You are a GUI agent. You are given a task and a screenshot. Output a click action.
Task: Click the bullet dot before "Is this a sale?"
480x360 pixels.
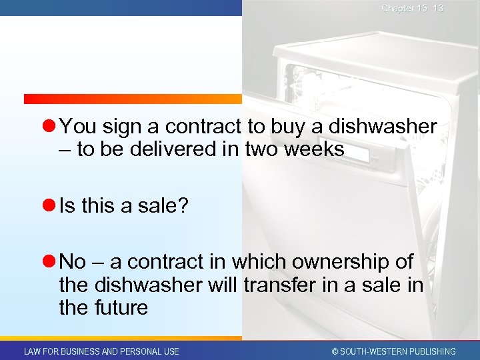pyautogui.click(x=49, y=207)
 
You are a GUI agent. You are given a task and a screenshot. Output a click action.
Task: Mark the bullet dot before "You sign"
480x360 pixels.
pyautogui.click(x=49, y=127)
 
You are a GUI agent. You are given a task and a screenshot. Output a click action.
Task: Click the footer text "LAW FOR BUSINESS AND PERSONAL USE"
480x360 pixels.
pyautogui.click(x=101, y=351)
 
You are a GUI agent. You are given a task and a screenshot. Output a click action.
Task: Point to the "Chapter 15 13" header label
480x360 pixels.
pyautogui.click(x=412, y=8)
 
